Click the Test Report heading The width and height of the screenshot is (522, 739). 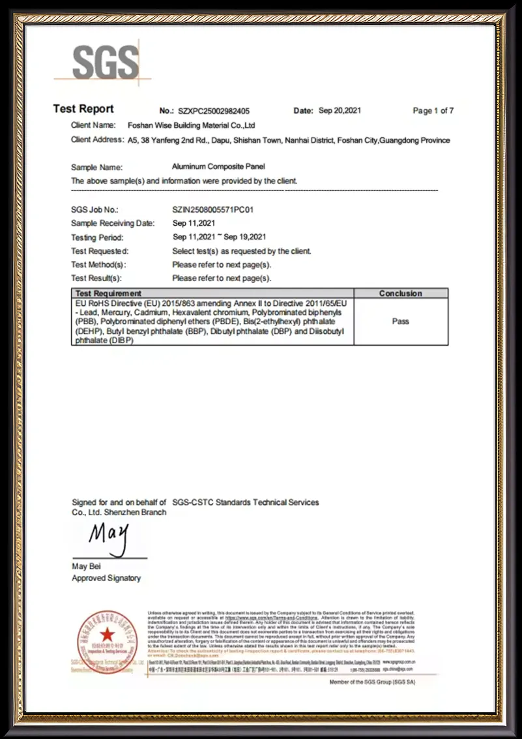click(x=83, y=109)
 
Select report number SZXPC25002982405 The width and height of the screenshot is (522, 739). click(x=213, y=112)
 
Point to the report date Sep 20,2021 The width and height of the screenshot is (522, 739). click(x=340, y=111)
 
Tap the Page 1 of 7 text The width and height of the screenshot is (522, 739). click(x=433, y=111)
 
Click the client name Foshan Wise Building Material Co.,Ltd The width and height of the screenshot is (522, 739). click(x=191, y=125)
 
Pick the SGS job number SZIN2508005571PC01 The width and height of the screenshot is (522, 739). click(x=212, y=210)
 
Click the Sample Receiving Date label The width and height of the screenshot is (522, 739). click(x=113, y=224)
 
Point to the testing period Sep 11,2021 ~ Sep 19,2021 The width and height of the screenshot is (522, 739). click(x=219, y=237)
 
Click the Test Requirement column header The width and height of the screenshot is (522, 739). click(x=108, y=294)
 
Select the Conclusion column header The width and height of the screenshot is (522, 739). click(x=401, y=294)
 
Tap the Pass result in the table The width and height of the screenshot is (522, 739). click(x=401, y=322)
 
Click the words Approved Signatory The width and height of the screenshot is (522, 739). click(x=106, y=578)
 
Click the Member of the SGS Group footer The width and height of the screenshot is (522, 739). click(x=372, y=682)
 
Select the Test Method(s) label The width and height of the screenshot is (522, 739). click(x=98, y=265)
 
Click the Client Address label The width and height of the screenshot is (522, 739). click(x=97, y=140)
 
